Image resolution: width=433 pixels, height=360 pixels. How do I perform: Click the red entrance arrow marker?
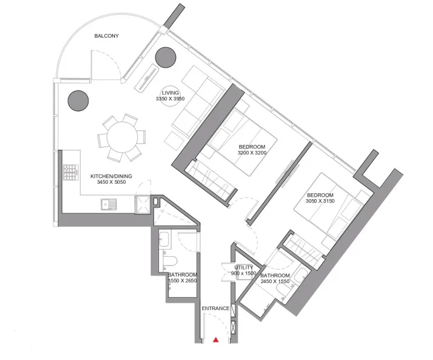tap(216, 339)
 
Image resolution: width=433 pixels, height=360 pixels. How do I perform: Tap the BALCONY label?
tap(107, 36)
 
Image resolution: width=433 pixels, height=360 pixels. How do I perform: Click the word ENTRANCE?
tap(215, 308)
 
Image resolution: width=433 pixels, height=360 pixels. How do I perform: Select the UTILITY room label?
tap(243, 268)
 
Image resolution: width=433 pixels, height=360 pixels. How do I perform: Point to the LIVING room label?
tap(170, 93)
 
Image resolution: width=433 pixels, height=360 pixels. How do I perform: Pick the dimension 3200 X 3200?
tap(252, 153)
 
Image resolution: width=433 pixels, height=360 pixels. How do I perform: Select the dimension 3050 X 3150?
tap(319, 201)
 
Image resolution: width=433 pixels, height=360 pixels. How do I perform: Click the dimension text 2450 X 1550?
tap(275, 282)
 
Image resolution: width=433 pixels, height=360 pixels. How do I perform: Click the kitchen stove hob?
tap(71, 173)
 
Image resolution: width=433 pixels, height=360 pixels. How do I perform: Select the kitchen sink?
tap(109, 204)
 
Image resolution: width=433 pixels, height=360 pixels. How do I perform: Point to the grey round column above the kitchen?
tap(79, 101)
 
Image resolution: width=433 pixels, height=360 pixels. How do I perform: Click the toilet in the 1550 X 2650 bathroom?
tap(169, 260)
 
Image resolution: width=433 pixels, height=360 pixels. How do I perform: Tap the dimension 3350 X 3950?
tap(170, 99)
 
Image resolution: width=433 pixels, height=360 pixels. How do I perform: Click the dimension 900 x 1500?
tap(243, 274)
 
